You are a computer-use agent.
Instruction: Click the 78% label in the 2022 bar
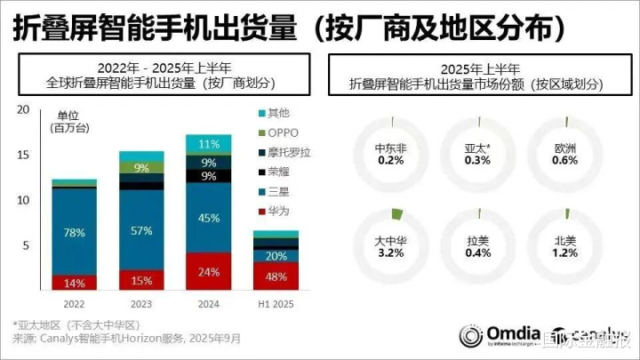[75, 232]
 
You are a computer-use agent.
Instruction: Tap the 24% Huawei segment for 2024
[210, 272]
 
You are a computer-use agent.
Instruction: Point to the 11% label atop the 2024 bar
[210, 144]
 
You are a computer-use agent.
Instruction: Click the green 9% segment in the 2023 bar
[142, 167]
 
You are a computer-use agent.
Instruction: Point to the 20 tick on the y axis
[24, 110]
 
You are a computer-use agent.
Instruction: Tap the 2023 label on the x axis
[142, 303]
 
